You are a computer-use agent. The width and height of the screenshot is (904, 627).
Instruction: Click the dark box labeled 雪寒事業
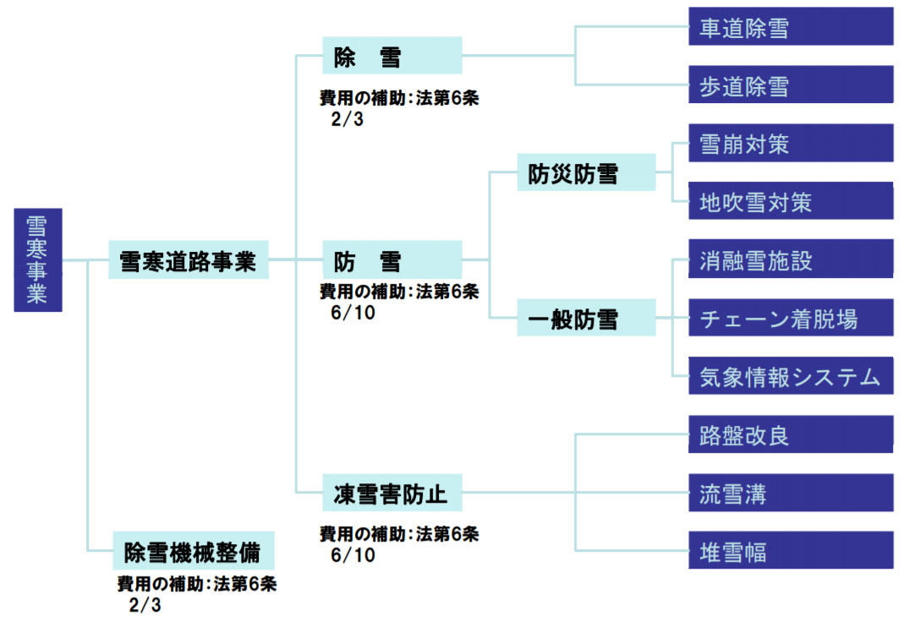pyautogui.click(x=38, y=259)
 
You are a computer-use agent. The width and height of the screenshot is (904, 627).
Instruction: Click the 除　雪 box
pyautogui.click(x=392, y=57)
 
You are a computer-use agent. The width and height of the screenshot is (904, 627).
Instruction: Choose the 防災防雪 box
pyautogui.click(x=586, y=173)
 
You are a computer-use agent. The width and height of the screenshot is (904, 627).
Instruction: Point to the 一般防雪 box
pyautogui.click(x=586, y=319)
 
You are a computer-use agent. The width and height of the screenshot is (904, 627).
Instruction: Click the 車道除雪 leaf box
pyautogui.click(x=790, y=27)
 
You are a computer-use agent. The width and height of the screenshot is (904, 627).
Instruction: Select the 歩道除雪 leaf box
pyautogui.click(x=790, y=85)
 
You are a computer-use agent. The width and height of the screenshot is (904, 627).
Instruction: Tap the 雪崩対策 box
pyautogui.click(x=790, y=143)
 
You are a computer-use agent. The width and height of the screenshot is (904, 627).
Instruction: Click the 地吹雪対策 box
pyautogui.click(x=790, y=201)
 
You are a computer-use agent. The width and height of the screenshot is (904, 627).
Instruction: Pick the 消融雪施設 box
pyautogui.click(x=790, y=259)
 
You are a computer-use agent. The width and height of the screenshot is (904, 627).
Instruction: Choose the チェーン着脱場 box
pyautogui.click(x=790, y=318)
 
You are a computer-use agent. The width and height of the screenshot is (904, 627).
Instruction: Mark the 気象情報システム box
pyautogui.click(x=790, y=376)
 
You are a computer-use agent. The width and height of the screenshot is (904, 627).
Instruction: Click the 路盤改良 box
pyautogui.click(x=790, y=434)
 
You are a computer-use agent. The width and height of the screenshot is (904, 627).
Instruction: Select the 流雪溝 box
pyautogui.click(x=790, y=493)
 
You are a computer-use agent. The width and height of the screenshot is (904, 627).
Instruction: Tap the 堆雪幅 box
pyautogui.click(x=790, y=551)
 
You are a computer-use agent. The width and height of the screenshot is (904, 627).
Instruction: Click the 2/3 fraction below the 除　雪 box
pyautogui.click(x=347, y=118)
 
